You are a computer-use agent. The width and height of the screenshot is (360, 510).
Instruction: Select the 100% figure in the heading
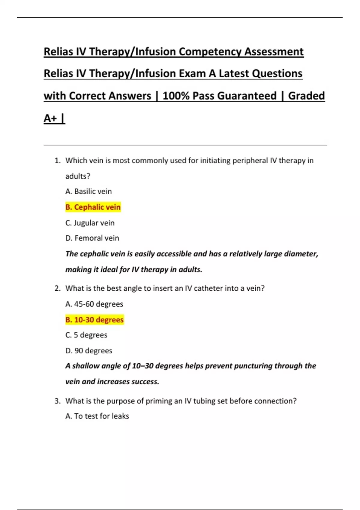coord(176,96)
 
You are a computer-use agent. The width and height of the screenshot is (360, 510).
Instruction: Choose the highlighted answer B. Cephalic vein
coord(93,207)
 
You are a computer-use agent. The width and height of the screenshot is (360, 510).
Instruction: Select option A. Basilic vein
coord(88,191)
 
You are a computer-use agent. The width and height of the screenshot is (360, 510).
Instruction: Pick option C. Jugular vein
coord(90,223)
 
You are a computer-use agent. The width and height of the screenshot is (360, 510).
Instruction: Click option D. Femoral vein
coord(92,238)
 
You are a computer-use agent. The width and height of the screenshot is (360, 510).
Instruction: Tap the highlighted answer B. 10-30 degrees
coord(94,320)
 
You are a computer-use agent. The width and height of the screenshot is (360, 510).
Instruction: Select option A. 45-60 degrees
coord(94,304)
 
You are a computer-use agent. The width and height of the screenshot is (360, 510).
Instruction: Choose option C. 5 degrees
coord(86,335)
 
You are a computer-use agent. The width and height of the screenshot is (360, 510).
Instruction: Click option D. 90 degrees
coord(89,351)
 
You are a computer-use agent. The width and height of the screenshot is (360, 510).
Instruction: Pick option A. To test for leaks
coord(97,416)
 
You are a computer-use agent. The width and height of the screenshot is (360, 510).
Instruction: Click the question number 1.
coord(57,161)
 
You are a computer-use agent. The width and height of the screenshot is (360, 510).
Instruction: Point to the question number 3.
coord(57,401)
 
